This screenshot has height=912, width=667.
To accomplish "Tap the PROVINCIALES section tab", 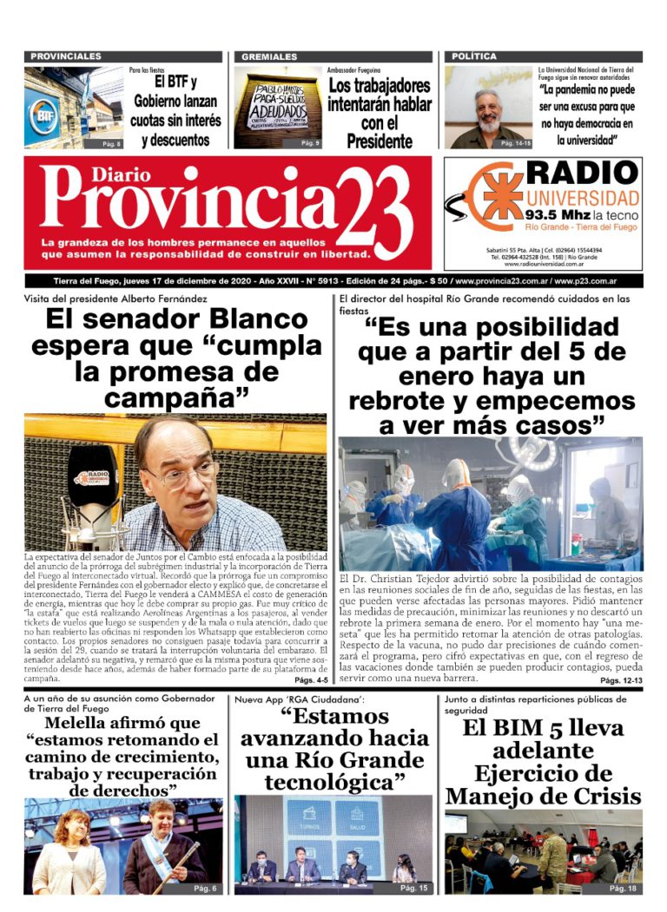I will point(66,56).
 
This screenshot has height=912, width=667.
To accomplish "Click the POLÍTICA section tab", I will point(474,56).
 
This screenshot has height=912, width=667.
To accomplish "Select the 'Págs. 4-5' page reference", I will point(310,679).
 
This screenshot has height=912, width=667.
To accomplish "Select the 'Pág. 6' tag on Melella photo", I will point(205,888).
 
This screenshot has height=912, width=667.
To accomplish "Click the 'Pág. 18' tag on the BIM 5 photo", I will point(622,888).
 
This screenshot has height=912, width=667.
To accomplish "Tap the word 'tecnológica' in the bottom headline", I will point(334,782).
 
